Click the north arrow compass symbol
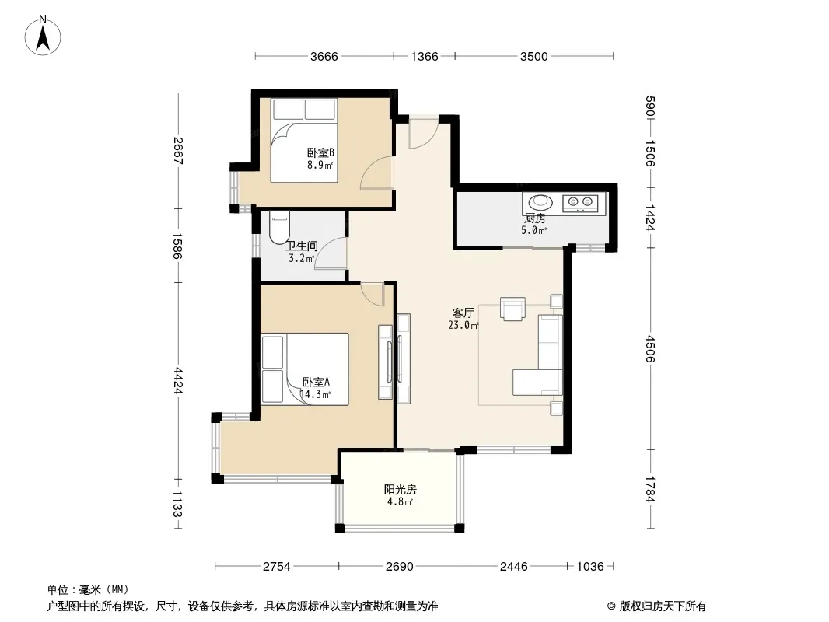43,35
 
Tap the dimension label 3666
324,57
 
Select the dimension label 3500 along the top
534,57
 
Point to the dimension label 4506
650,349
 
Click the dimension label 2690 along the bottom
399,567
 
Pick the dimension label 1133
177,504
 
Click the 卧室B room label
320,152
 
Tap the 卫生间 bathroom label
302,246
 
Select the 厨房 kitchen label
534,218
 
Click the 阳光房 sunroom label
401,489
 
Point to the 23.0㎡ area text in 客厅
463,326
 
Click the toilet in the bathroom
279,227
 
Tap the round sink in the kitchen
540,202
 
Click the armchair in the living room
512,309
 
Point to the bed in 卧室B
304,141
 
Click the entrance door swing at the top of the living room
423,132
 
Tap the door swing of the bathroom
331,253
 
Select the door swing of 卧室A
373,295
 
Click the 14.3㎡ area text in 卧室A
316,394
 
